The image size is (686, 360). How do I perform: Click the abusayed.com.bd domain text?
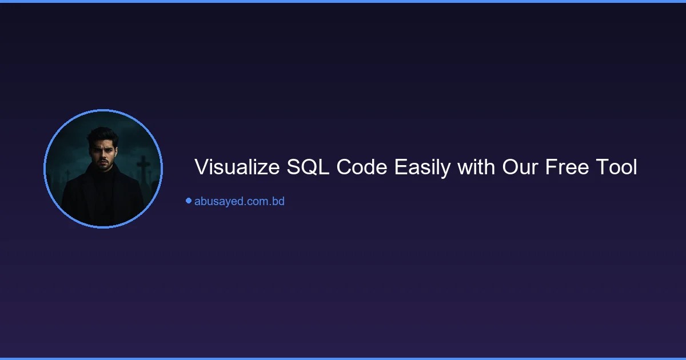tap(239, 201)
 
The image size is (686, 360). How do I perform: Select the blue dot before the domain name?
tap(188, 201)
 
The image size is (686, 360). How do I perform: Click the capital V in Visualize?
tap(201, 168)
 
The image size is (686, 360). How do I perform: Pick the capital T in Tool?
tap(600, 168)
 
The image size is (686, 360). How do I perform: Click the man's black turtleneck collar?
tap(103, 179)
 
